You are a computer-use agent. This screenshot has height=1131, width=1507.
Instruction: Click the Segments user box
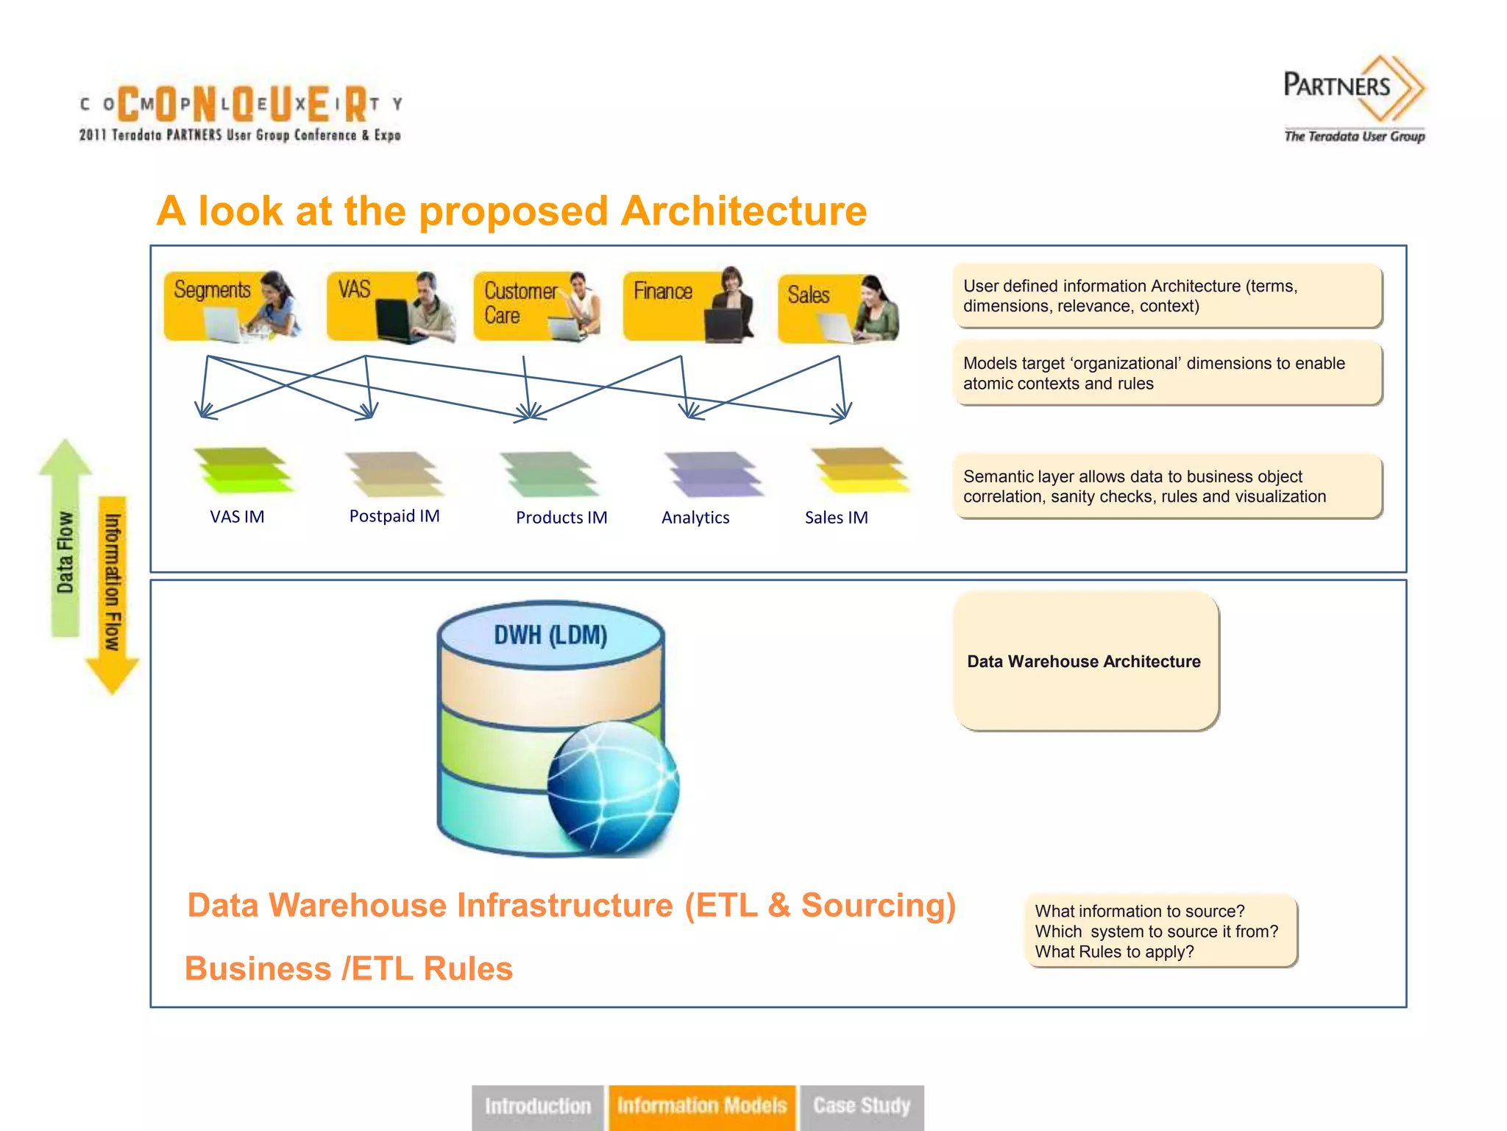click(x=232, y=306)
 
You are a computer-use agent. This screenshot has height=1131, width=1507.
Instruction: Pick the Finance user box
click(x=688, y=306)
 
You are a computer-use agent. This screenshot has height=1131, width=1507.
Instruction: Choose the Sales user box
click(x=839, y=309)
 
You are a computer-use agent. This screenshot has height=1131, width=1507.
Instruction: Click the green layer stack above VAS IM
click(x=243, y=470)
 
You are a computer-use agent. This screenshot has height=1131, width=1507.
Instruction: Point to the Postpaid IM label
click(x=394, y=516)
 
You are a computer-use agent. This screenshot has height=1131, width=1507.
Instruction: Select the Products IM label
click(x=561, y=518)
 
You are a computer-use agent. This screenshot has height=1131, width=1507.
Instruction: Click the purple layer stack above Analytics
click(x=713, y=473)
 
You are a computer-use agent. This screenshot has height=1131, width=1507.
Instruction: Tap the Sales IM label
click(x=836, y=518)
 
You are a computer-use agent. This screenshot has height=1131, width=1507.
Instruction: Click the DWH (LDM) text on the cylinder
click(x=550, y=635)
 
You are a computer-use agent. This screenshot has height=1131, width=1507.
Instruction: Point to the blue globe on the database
click(x=613, y=787)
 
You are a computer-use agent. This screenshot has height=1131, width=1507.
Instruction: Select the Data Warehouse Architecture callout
click(x=1085, y=661)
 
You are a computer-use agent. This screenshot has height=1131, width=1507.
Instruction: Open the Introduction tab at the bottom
click(x=538, y=1106)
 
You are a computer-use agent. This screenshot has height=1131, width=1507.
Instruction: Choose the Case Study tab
click(x=862, y=1106)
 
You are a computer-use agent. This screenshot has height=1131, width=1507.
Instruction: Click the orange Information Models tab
click(x=702, y=1106)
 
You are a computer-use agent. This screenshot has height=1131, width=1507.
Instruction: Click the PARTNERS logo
click(x=1354, y=96)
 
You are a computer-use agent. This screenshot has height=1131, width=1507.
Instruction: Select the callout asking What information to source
click(x=1160, y=931)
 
